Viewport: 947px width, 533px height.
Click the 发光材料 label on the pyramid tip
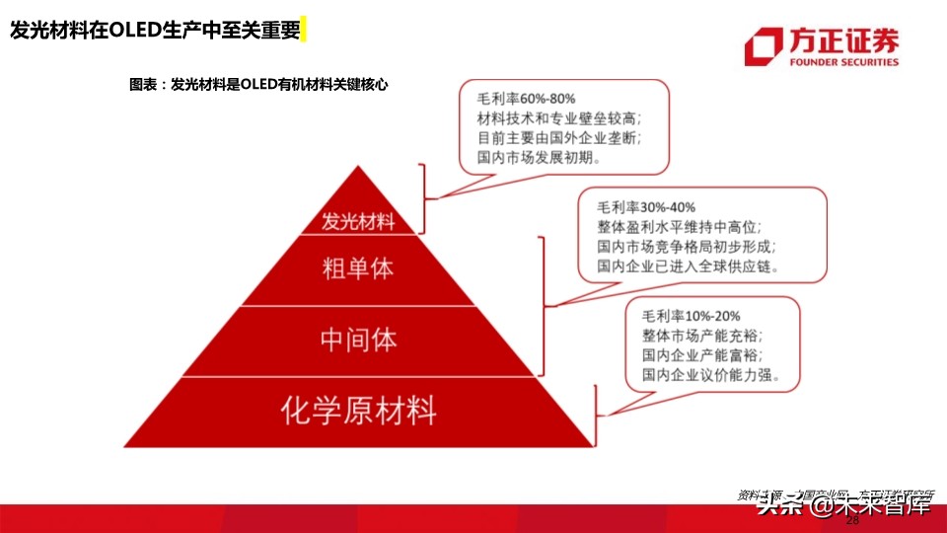(357, 221)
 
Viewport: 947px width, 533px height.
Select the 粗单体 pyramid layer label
(357, 268)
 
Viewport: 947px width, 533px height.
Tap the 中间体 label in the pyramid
(358, 340)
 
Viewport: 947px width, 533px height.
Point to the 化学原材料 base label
(358, 409)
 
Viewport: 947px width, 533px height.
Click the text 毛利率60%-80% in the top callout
(526, 99)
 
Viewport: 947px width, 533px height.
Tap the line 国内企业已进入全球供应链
(687, 266)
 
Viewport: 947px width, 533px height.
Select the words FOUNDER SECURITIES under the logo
(844, 61)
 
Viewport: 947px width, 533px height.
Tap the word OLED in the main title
(133, 30)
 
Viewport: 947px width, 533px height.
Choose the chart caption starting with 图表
(258, 85)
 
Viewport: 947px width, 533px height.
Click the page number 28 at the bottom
(853, 520)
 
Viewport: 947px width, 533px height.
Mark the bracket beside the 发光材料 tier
(426, 196)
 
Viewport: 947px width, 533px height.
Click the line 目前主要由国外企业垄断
(560, 137)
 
